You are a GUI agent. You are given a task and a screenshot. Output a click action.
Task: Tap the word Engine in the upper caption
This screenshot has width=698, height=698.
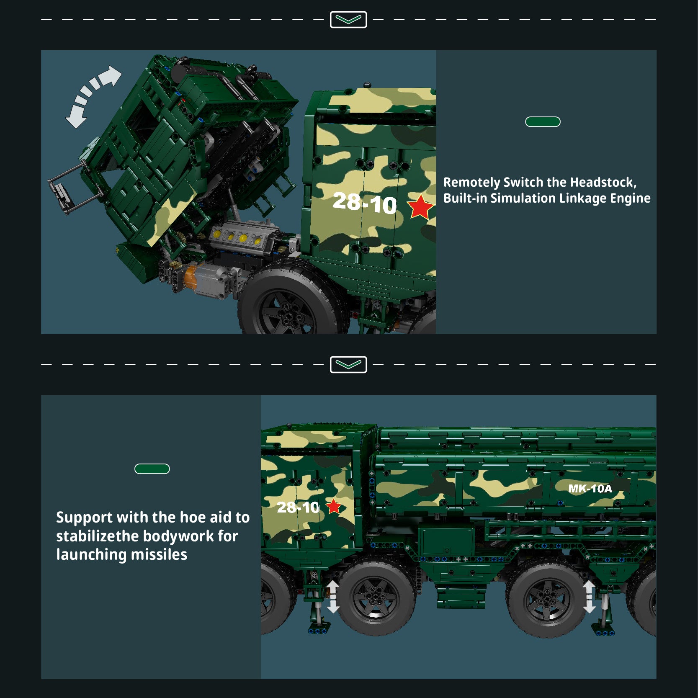click(x=630, y=198)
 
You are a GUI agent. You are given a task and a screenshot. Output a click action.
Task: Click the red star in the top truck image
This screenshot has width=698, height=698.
click(x=420, y=207)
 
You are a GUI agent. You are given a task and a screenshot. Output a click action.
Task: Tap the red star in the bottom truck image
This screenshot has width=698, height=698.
click(x=334, y=507)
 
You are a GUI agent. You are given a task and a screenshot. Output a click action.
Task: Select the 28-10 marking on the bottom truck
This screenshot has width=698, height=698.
click(x=298, y=507)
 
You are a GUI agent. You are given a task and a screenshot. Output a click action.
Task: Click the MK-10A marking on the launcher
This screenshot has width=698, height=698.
click(x=590, y=488)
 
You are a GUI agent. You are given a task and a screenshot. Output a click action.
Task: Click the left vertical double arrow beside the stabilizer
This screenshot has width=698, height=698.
click(x=333, y=597)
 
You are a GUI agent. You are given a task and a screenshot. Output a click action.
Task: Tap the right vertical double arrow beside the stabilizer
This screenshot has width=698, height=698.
click(x=589, y=597)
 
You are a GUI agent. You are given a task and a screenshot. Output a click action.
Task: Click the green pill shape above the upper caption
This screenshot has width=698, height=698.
click(x=543, y=122)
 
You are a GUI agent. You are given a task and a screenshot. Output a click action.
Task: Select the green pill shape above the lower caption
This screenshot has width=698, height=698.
click(x=152, y=469)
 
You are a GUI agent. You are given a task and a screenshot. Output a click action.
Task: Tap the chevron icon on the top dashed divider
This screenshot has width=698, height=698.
click(x=348, y=20)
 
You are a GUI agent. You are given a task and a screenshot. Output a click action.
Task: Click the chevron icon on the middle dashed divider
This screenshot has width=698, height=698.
click(x=348, y=365)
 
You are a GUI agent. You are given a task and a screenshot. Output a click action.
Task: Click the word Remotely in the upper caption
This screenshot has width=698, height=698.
click(x=472, y=183)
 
